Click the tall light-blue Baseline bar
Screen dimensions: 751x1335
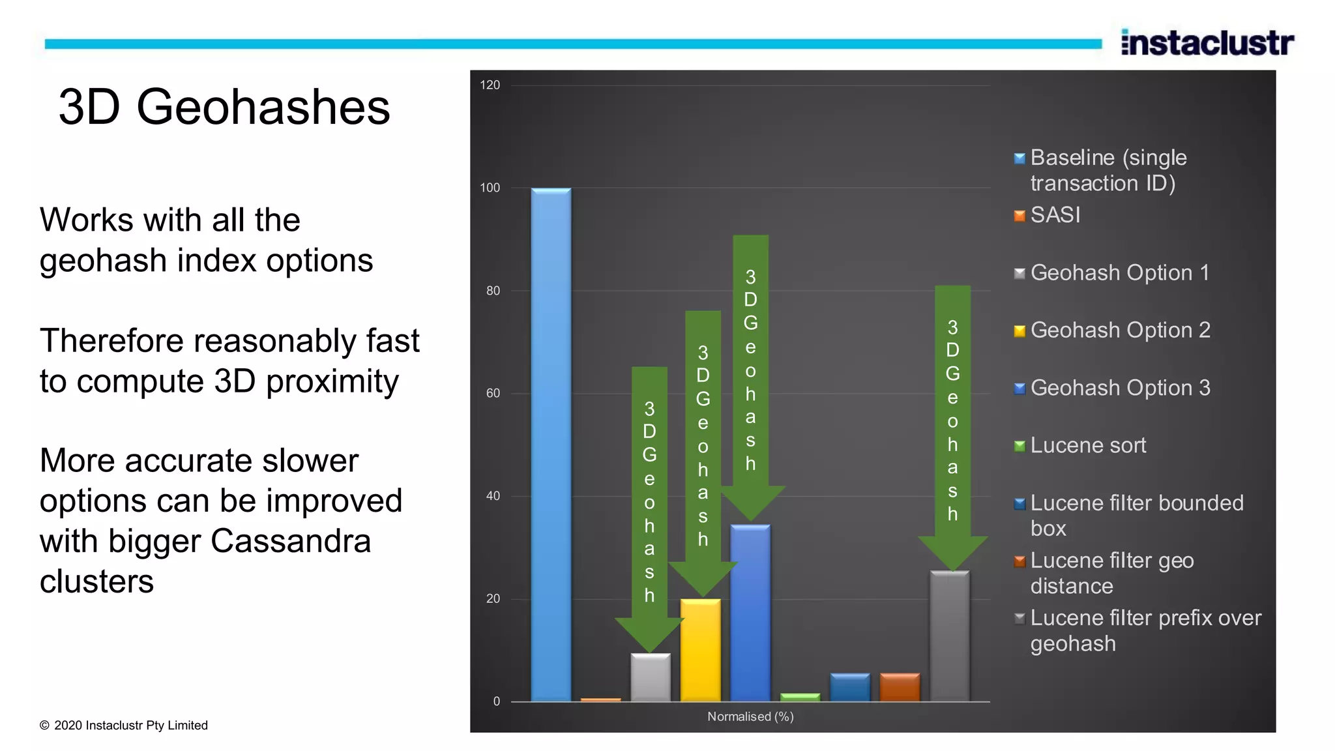click(551, 443)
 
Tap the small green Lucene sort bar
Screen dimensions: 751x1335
click(800, 698)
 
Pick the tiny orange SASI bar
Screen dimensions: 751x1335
click(600, 699)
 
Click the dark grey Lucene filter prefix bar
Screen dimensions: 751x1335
click(950, 636)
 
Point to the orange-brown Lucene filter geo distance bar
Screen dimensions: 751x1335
click(900, 687)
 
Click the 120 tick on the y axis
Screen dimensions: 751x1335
click(490, 85)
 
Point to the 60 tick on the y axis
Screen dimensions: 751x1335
click(493, 393)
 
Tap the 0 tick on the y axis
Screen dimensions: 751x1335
click(497, 701)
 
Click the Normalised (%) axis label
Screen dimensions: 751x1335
click(750, 716)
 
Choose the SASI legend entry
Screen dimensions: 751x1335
click(1055, 215)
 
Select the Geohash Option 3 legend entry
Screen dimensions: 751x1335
click(1119, 388)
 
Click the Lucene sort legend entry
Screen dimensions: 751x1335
click(1087, 445)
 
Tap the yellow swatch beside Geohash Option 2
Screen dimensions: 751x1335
click(1020, 331)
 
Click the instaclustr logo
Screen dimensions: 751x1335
click(1207, 42)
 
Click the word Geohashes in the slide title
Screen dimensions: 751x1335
click(263, 108)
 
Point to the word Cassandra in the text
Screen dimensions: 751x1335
click(290, 541)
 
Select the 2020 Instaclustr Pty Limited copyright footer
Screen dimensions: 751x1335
click(124, 726)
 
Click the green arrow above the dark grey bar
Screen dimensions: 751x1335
click(952, 424)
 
